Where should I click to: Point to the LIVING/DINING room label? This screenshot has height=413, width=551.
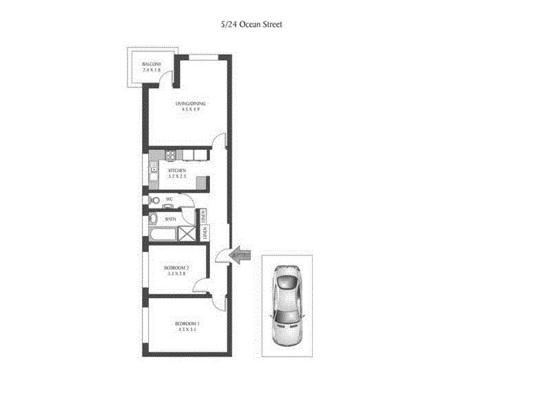[x=191, y=104]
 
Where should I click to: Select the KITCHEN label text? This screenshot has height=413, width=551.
[x=177, y=169]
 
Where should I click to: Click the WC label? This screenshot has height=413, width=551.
[x=168, y=199]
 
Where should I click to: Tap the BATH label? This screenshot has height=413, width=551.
[x=170, y=219]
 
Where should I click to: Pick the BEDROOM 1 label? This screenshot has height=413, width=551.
[x=187, y=324]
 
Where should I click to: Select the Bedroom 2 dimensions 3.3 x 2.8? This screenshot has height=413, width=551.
[x=177, y=274]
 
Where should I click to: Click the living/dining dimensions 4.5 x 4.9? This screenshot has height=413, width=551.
[x=191, y=110]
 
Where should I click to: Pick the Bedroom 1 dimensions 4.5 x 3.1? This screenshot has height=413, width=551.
[x=187, y=330]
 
